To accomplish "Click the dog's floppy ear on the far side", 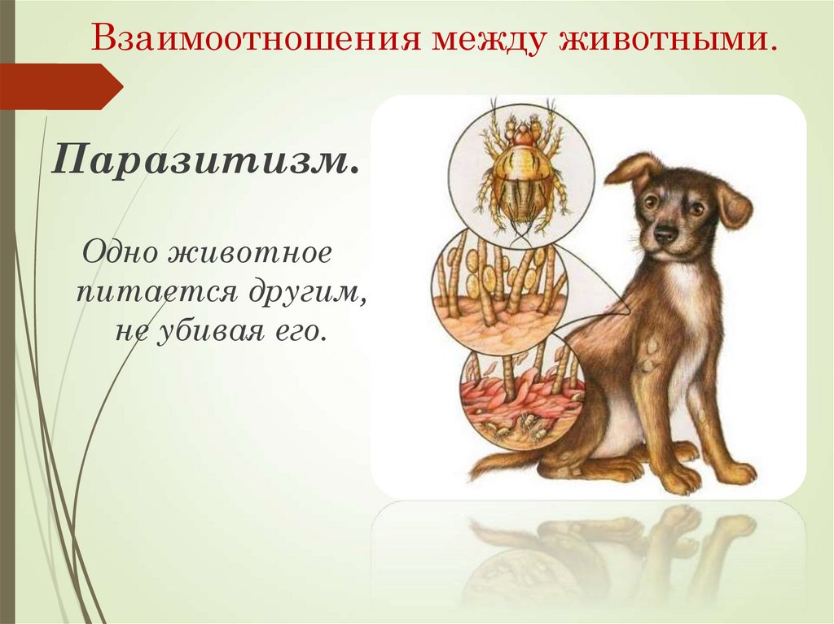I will (732, 204).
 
